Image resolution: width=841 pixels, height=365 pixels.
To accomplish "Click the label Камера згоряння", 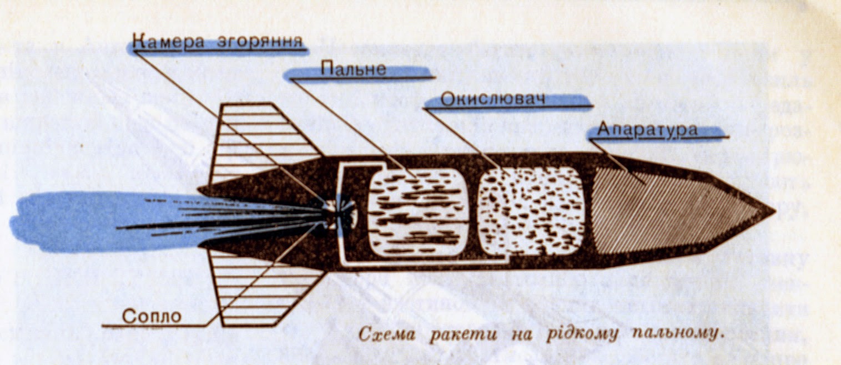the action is pos(218,41).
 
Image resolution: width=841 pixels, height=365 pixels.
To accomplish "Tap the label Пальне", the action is pos(353,69).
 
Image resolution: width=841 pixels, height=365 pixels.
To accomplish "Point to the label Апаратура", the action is pos(647,129).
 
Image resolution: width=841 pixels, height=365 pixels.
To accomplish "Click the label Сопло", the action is pos(152,317).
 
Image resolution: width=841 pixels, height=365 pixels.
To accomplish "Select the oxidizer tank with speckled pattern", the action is pos(531,211).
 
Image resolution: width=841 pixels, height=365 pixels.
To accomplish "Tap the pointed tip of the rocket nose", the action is pos(775,211).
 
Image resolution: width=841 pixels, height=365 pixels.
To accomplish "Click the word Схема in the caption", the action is pos(386,333).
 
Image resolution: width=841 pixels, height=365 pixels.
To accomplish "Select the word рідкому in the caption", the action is pos(582,334).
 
